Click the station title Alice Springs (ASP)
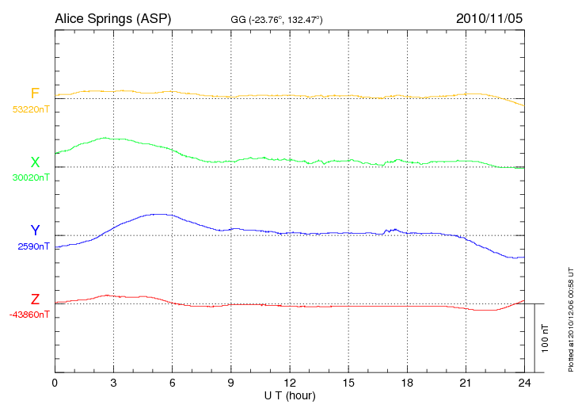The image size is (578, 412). (113, 17)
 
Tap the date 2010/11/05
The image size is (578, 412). (489, 17)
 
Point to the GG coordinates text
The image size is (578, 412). (276, 19)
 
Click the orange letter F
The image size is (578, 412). (35, 93)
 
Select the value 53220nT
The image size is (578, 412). (30, 109)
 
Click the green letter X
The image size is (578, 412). (35, 162)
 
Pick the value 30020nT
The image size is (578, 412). (30, 177)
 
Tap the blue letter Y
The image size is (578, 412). (35, 231)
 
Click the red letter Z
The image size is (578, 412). (35, 299)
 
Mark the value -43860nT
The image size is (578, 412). (30, 315)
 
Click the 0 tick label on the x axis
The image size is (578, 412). (55, 383)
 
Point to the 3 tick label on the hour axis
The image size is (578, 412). (114, 383)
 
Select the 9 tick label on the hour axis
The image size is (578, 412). (231, 383)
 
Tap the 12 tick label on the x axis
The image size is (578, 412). (290, 383)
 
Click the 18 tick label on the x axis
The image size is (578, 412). (408, 383)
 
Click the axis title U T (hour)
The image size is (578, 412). (290, 395)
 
